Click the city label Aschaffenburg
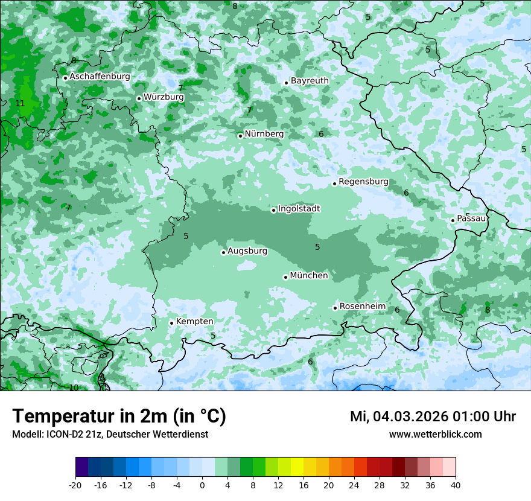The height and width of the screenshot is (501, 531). (x=100, y=77)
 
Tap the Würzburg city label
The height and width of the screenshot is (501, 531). (x=164, y=97)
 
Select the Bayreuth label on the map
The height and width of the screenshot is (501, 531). (x=310, y=81)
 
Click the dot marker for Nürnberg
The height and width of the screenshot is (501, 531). (x=240, y=136)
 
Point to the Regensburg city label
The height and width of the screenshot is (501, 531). (x=363, y=182)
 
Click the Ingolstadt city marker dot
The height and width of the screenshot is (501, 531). (x=273, y=211)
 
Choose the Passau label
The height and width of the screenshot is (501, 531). (x=471, y=219)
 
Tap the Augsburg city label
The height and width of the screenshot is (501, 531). (x=247, y=251)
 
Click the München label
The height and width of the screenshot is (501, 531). (x=309, y=276)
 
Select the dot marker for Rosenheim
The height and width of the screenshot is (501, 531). (x=335, y=308)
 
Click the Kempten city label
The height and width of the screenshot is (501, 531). (x=194, y=322)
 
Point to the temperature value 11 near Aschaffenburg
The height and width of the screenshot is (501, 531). (x=20, y=103)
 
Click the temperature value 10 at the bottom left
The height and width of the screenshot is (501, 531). (x=74, y=388)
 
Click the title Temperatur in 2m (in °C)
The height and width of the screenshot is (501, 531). (x=119, y=416)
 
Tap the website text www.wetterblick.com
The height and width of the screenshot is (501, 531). (x=435, y=434)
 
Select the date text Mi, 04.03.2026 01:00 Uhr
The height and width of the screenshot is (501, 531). (x=433, y=416)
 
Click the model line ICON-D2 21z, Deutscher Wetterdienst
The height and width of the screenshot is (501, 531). (x=110, y=434)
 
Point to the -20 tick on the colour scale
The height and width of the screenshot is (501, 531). (x=75, y=485)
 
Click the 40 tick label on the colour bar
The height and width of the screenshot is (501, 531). (x=455, y=485)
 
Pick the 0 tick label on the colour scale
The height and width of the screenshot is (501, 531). (x=202, y=485)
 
